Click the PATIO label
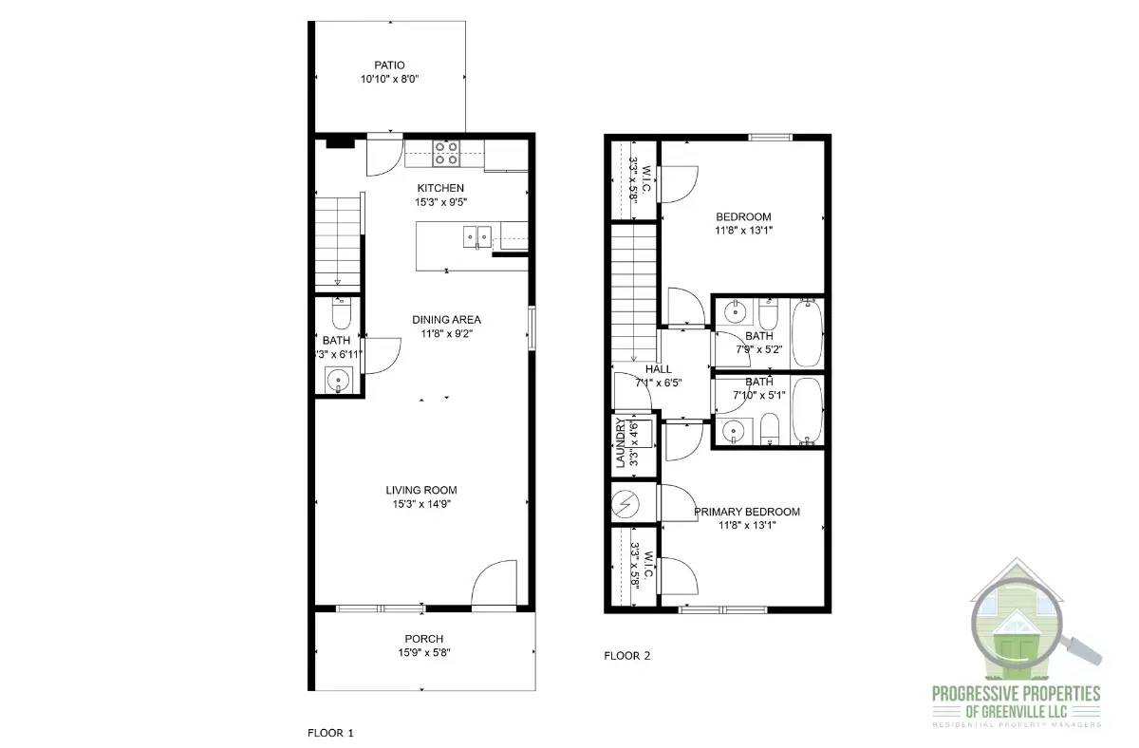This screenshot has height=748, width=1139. click(389, 65)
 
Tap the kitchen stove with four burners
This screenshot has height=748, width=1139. click(446, 153)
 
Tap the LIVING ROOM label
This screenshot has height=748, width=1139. click(421, 490)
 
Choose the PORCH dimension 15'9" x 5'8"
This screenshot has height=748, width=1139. click(424, 652)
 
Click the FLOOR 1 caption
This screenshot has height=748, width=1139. click(330, 733)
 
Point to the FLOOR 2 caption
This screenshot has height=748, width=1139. click(627, 655)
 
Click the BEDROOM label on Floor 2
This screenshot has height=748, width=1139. click(743, 216)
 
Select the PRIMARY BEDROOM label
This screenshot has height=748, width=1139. click(746, 512)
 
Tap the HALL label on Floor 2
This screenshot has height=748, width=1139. click(658, 369)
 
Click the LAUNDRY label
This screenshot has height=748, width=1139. click(620, 443)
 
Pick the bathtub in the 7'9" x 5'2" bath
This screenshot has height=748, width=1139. click(807, 333)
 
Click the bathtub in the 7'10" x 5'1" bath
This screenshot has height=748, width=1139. click(807, 412)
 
